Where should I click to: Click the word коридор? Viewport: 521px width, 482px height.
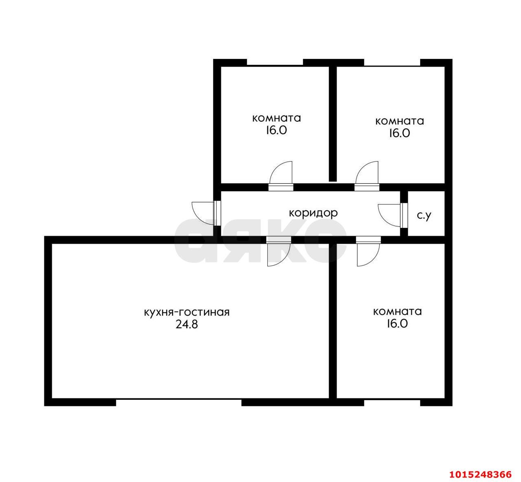(313, 214)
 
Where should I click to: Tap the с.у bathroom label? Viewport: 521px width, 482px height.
(424, 216)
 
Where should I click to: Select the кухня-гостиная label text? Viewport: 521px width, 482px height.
(186, 312)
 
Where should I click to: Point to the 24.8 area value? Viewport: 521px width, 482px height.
(186, 325)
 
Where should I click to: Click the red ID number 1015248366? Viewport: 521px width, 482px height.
(481, 474)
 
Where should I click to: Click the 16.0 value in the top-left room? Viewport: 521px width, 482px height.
(276, 130)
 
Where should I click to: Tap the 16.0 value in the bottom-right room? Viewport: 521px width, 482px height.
(397, 324)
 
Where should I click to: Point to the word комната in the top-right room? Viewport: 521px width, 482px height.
(400, 121)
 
